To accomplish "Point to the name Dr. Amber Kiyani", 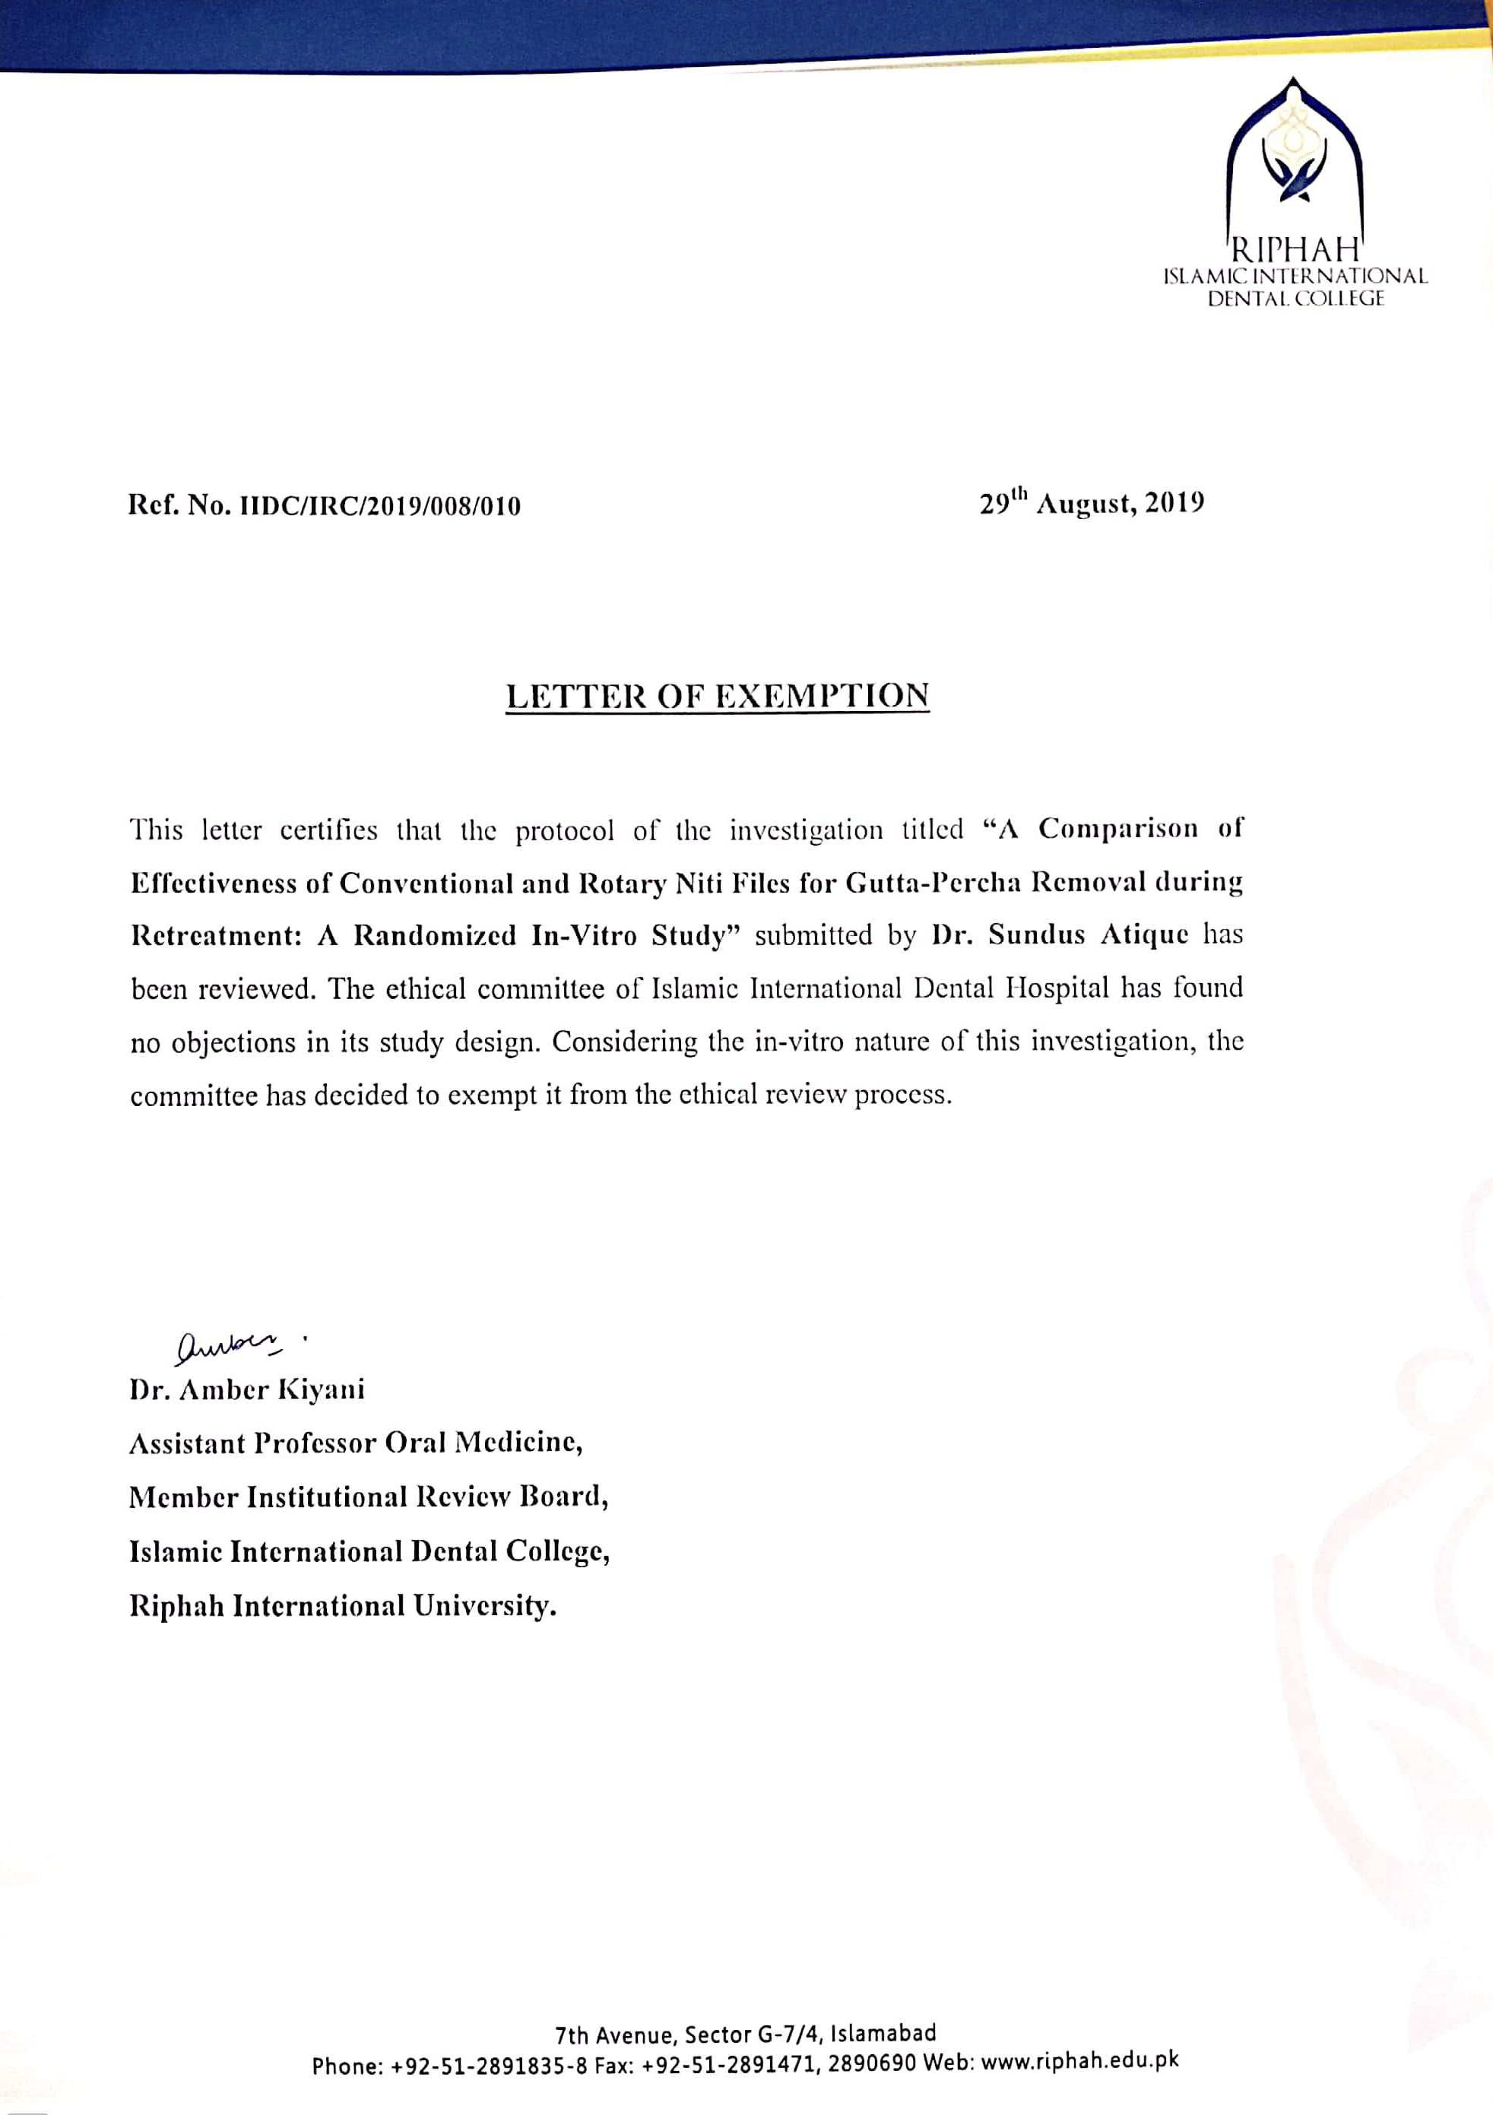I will pyautogui.click(x=247, y=1389).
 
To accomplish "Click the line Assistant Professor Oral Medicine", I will pyautogui.click(x=356, y=1443).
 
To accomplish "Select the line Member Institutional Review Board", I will pyautogui.click(x=369, y=1497).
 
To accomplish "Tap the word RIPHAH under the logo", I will pyautogui.click(x=1296, y=248).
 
